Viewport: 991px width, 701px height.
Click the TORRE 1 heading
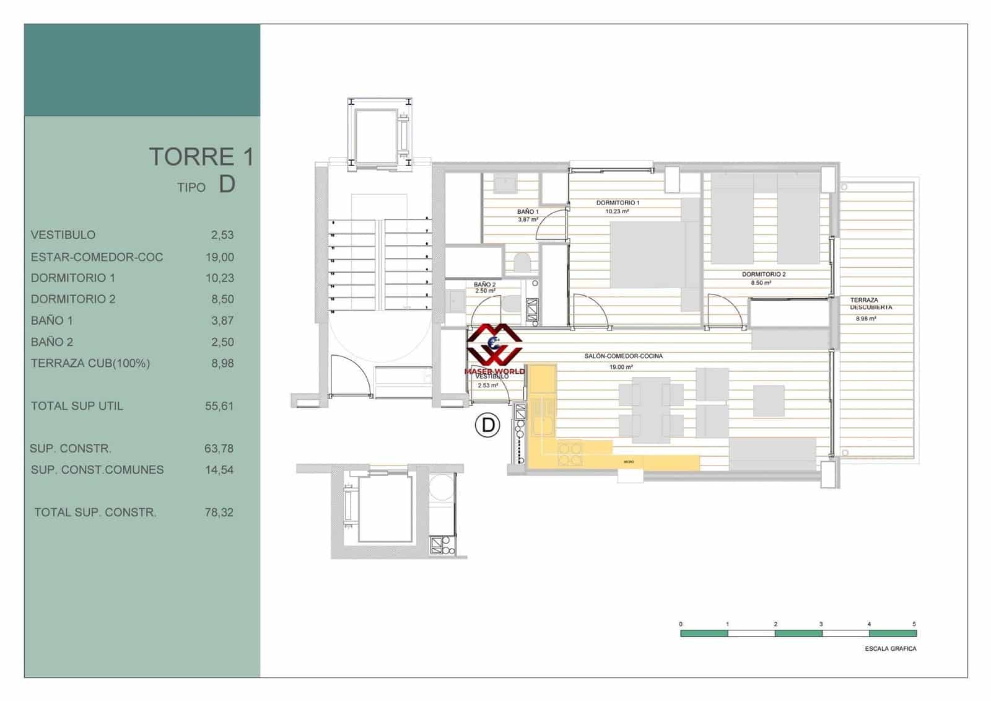tap(201, 157)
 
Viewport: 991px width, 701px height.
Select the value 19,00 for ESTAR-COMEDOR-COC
tap(220, 257)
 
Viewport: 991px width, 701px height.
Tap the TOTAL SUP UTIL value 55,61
tap(219, 406)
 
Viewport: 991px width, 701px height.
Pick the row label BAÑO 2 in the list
tap(52, 342)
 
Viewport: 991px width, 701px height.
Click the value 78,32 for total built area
tap(219, 513)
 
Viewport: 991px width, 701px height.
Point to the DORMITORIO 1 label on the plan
tap(618, 203)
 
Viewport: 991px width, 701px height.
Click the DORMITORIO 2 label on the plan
tap(764, 274)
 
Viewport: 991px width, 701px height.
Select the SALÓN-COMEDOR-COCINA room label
tap(623, 356)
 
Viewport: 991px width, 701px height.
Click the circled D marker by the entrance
tap(487, 425)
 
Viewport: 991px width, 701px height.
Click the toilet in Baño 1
tap(522, 263)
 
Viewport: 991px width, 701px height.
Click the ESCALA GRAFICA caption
tap(890, 649)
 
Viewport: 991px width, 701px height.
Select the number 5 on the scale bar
tap(914, 624)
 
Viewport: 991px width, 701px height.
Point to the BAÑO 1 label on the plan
tap(528, 212)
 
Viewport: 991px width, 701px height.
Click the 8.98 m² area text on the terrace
tap(866, 319)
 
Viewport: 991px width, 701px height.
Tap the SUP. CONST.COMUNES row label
tap(97, 470)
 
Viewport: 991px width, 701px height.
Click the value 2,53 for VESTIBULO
tap(222, 235)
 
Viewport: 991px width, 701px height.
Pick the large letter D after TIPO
tap(227, 184)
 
